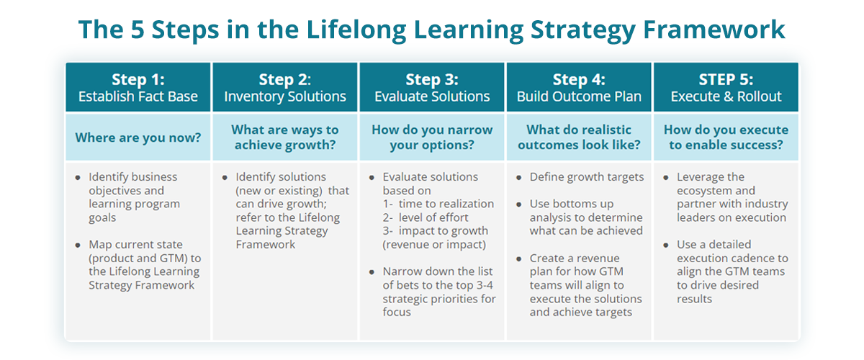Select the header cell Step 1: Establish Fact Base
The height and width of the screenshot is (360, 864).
click(138, 87)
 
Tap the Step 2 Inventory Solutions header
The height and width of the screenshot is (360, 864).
click(285, 87)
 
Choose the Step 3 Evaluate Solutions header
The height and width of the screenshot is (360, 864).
click(432, 87)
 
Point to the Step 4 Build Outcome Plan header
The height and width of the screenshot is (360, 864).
click(579, 87)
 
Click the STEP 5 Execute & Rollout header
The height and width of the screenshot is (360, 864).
click(726, 87)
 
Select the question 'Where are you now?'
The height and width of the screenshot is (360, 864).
click(138, 137)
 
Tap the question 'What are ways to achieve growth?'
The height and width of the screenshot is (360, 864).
click(285, 137)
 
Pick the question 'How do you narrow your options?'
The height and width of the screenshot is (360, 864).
click(432, 137)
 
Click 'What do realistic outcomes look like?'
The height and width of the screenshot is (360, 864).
click(579, 137)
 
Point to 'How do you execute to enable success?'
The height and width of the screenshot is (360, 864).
click(726, 137)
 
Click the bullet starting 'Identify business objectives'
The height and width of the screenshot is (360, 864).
click(133, 191)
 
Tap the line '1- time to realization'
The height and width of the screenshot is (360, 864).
click(438, 204)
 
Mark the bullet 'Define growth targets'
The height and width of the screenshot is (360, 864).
click(587, 177)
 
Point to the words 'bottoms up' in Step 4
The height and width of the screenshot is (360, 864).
click(588, 204)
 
